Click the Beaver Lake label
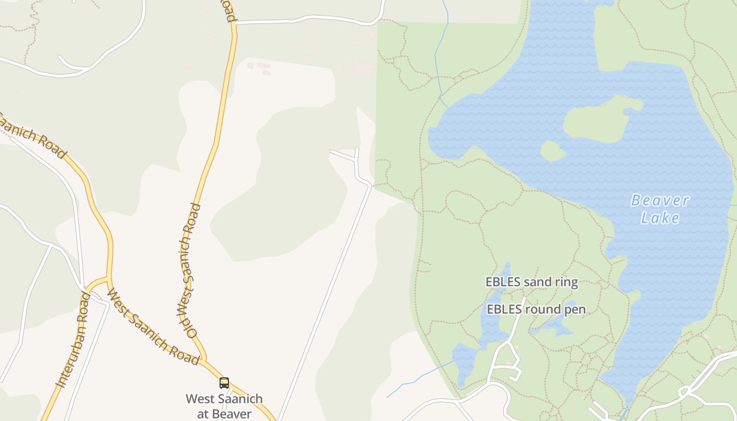coord(660,209)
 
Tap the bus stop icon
coord(224,383)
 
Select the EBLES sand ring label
coord(532,283)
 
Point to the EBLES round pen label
coord(536,309)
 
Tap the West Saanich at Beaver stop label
coord(224,406)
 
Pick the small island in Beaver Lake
coord(552,152)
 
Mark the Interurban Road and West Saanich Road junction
coord(108,277)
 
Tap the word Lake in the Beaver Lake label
coord(660,218)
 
